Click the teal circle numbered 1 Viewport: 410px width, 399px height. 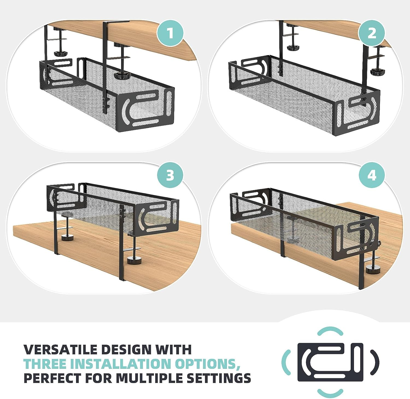pos(170,33)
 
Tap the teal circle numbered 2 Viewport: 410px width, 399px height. pos(371,33)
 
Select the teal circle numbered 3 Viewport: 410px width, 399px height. pos(170,175)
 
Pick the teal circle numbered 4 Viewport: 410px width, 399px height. pos(371,175)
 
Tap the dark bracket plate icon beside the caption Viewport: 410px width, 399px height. pos(330,362)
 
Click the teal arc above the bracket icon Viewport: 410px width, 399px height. pos(330,331)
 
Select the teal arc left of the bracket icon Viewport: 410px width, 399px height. pos(286,362)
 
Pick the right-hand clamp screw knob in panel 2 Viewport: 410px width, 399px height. pos(377,72)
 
